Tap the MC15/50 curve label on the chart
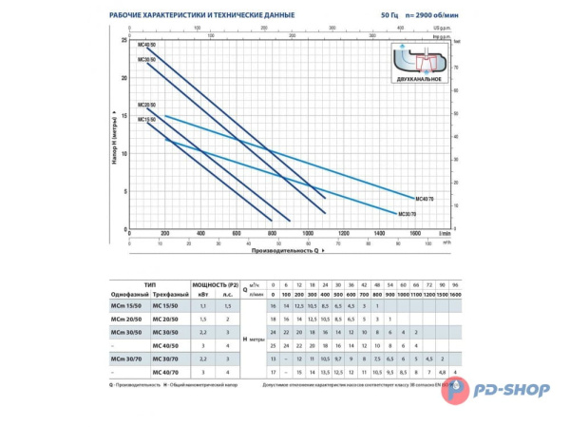tap(146, 120)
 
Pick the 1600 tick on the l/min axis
tap(414, 233)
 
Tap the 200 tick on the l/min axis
tap(165, 233)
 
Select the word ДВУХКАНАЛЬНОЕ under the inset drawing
tap(419, 79)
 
